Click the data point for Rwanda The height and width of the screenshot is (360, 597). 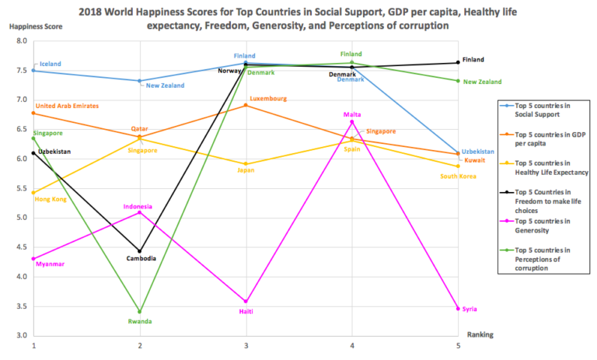click(x=140, y=312)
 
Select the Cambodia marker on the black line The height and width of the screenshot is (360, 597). click(x=140, y=251)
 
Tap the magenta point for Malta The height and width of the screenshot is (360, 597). click(x=352, y=121)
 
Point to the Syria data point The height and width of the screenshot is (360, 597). click(x=459, y=309)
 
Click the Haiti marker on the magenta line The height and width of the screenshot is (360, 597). click(x=246, y=301)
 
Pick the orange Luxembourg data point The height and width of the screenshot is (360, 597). click(x=246, y=105)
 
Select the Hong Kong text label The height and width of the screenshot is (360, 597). click(x=51, y=199)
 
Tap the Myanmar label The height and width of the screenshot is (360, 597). click(x=48, y=264)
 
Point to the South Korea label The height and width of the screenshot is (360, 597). click(x=457, y=177)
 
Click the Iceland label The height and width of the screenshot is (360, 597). click(x=49, y=64)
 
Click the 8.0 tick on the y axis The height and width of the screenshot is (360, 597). click(x=21, y=41)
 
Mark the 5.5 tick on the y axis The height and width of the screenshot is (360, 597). click(x=21, y=189)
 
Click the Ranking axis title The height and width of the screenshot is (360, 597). click(x=480, y=334)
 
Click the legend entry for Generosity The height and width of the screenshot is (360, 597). click(x=538, y=225)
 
